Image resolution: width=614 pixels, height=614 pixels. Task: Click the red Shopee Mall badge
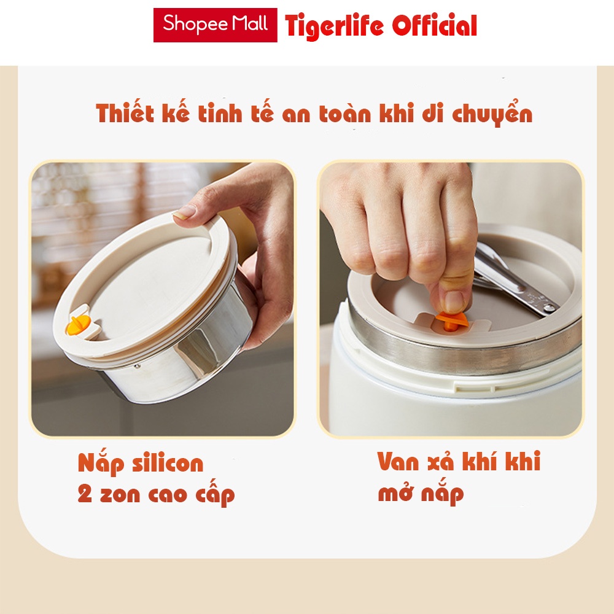[215, 25]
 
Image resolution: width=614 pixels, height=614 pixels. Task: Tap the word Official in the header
[434, 26]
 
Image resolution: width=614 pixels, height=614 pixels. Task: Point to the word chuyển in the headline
[492, 114]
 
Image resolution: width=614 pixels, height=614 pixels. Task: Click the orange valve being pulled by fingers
[451, 321]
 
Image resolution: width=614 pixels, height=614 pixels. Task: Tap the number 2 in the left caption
[85, 494]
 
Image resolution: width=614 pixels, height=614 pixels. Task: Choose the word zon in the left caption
[120, 495]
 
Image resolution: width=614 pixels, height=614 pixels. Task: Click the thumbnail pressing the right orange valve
[454, 301]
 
